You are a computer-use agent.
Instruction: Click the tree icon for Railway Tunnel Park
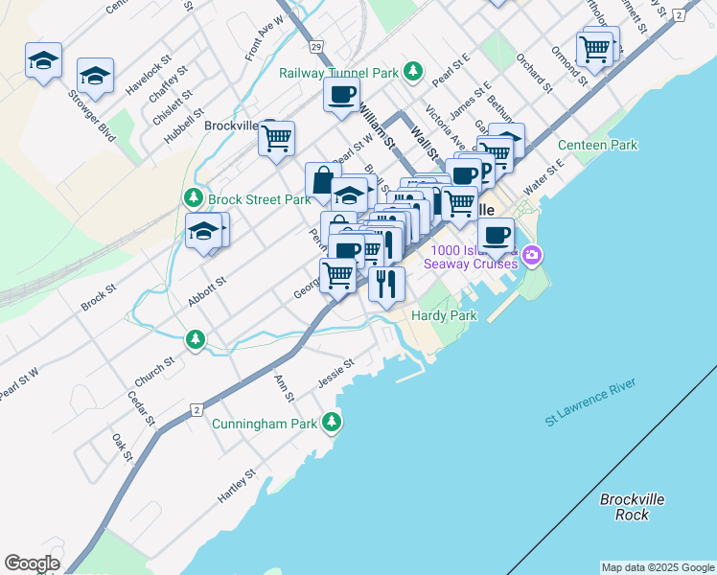[413, 70]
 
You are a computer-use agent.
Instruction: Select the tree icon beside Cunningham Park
[332, 422]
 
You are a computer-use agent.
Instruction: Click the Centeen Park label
[597, 146]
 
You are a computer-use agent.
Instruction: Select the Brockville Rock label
[632, 507]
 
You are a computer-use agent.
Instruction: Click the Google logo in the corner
[32, 563]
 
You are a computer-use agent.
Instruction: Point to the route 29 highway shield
[315, 46]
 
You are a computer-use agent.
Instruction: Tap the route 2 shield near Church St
[196, 410]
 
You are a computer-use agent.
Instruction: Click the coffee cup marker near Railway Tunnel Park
[341, 95]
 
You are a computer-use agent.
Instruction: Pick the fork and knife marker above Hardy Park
[386, 284]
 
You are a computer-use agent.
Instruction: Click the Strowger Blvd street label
[92, 116]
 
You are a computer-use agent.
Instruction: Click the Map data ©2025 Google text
[658, 567]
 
